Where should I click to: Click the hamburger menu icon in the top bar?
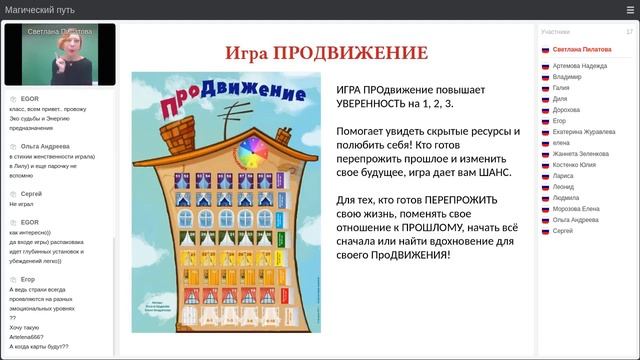coord(629,10)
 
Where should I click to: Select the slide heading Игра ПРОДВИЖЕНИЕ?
coord(326,53)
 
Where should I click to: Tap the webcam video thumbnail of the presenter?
coord(59,55)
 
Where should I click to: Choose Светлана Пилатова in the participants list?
coord(582,49)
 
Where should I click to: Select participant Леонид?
coord(563,186)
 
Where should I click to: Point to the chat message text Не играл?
coord(21,203)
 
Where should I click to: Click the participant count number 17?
coord(629,32)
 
